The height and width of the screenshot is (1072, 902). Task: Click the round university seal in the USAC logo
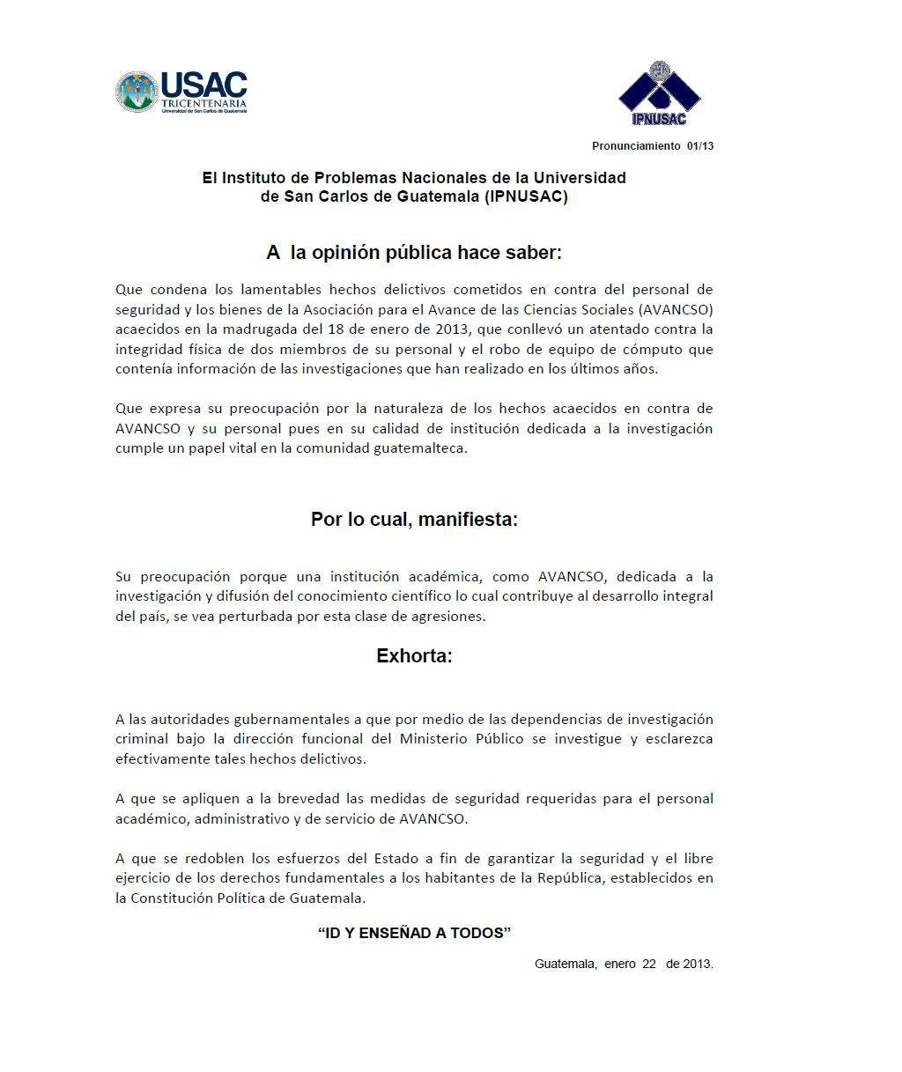(x=137, y=92)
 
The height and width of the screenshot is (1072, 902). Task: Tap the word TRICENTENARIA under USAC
(x=203, y=103)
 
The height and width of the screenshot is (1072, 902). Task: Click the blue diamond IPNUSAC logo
(x=659, y=93)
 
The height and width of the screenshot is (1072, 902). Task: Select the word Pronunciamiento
(x=636, y=146)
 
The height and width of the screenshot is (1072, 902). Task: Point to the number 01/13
(x=700, y=146)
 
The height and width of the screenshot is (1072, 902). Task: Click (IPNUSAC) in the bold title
(x=526, y=196)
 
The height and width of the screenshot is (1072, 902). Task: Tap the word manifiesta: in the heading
(x=468, y=520)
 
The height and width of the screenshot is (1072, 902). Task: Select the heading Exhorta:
(x=414, y=656)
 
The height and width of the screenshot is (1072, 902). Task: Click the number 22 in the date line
(x=648, y=964)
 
